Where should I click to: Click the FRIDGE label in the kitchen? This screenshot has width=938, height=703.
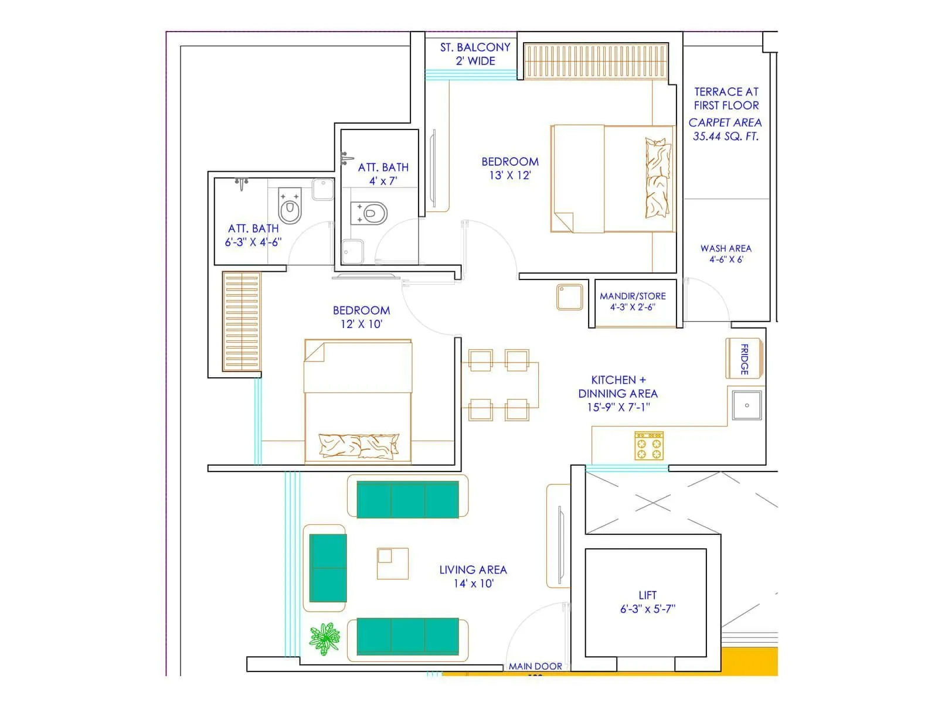(745, 359)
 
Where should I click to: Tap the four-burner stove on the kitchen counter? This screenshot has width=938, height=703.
(649, 446)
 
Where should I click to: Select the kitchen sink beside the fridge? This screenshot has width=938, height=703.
(747, 405)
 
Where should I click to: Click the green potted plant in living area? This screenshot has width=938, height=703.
(324, 639)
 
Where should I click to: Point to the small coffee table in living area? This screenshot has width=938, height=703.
(392, 563)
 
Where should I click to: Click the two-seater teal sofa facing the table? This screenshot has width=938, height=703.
(328, 568)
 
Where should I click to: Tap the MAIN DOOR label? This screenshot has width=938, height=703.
(535, 666)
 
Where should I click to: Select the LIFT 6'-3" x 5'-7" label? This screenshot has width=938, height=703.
(647, 602)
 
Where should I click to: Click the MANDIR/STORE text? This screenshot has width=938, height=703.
(633, 301)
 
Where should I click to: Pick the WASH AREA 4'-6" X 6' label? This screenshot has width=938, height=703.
(726, 254)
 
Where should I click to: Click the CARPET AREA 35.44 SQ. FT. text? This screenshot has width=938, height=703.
(725, 129)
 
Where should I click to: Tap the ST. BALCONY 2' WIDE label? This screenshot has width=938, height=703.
(475, 54)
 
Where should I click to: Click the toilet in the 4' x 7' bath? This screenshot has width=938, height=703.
(369, 213)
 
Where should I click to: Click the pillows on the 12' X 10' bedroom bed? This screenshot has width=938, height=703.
(358, 446)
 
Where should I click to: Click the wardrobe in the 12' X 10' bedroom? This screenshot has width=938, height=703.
(241, 321)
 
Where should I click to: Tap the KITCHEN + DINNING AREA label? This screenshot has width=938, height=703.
(618, 393)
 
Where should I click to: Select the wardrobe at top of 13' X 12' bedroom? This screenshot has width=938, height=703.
(595, 62)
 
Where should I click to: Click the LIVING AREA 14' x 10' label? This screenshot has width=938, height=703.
(473, 576)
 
